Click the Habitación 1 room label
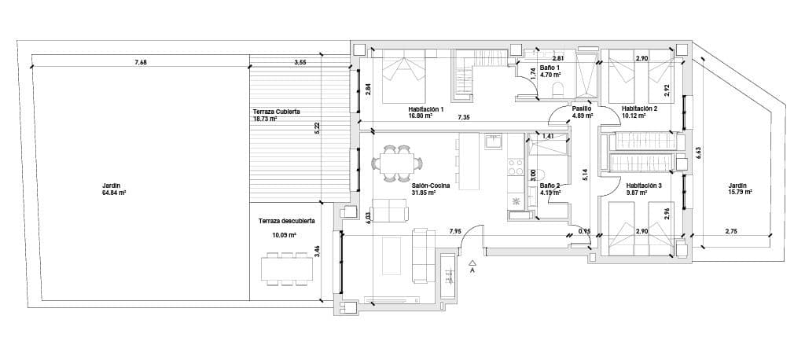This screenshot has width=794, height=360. [426, 109]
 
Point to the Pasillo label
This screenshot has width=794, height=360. [581, 109]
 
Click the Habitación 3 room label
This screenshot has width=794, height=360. [644, 186]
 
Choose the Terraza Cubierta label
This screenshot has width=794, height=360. [276, 112]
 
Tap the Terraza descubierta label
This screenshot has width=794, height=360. [286, 222]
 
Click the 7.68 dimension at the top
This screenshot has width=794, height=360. [140, 62]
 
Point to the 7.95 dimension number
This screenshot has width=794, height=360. [455, 231]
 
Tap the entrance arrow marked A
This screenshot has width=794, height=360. [472, 266]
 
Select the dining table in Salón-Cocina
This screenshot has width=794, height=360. [396, 163]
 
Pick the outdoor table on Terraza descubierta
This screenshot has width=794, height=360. [287, 268]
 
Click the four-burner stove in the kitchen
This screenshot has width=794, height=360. [516, 166]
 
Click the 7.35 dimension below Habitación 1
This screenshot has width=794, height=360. [465, 117]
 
